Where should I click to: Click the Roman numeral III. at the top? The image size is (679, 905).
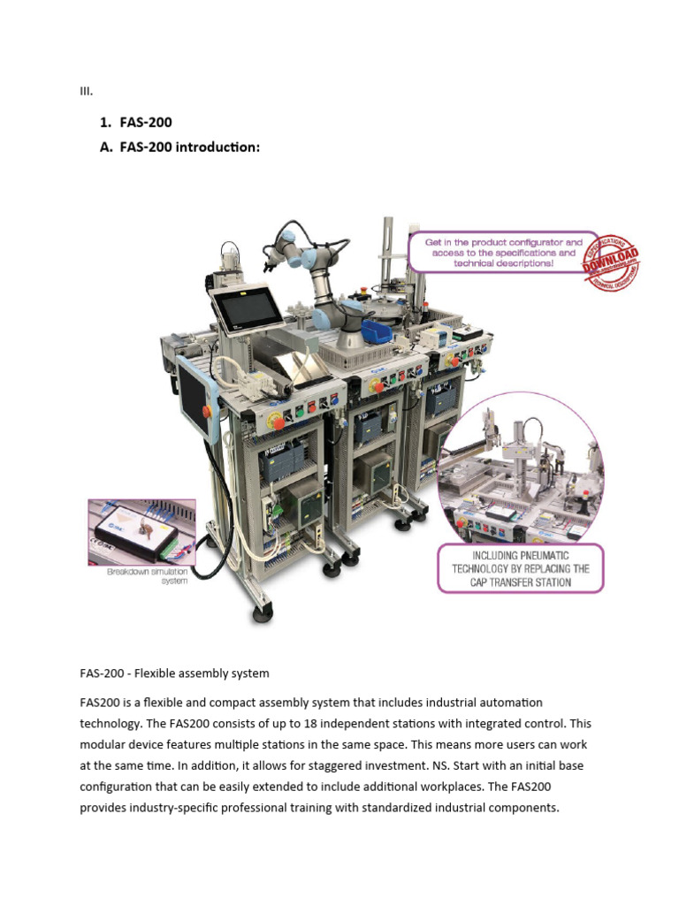tap(86, 91)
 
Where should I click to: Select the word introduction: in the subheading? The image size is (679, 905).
tap(217, 148)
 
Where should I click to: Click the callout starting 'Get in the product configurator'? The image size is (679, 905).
tap(504, 252)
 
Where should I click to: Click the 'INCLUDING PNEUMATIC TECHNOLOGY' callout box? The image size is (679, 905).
tap(521, 568)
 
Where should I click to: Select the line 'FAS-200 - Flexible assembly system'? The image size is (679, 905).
tap(174, 673)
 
